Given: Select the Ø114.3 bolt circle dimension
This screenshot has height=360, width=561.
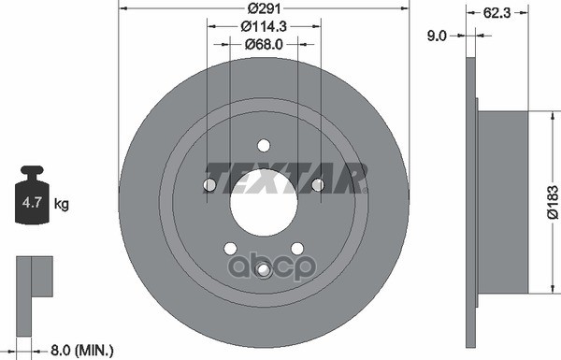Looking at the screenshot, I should pyautogui.click(x=263, y=27).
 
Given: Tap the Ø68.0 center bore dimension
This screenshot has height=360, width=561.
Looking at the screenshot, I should pyautogui.click(x=263, y=44).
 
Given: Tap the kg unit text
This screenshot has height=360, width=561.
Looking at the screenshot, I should pyautogui.click(x=61, y=203).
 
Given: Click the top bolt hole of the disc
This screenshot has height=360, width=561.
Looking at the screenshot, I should pyautogui.click(x=264, y=145).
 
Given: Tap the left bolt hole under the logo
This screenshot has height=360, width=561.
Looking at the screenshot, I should pyautogui.click(x=209, y=185).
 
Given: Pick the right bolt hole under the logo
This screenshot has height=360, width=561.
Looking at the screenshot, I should pyautogui.click(x=318, y=185).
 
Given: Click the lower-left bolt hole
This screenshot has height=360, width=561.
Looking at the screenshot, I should pyautogui.click(x=230, y=248).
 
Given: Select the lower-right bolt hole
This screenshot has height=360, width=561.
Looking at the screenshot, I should pyautogui.click(x=296, y=248).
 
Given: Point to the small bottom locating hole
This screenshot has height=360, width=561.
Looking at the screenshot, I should pyautogui.click(x=264, y=270).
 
